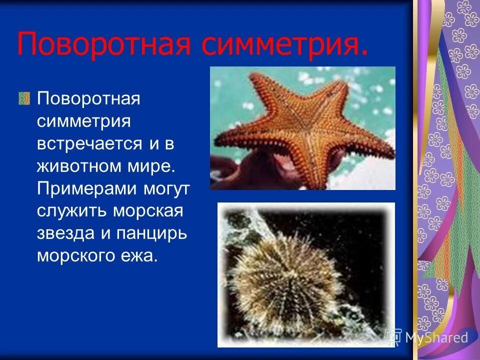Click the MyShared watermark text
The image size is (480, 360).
(x=435, y=337)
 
